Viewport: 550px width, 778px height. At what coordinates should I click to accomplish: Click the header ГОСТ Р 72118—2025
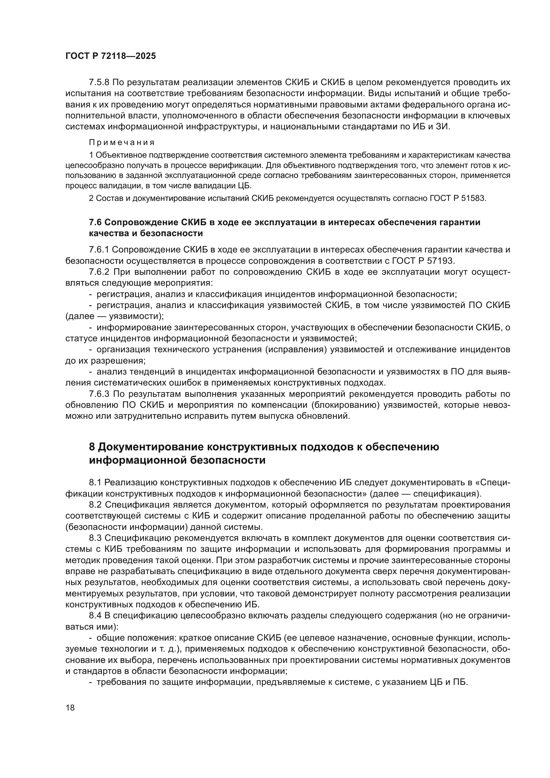click(110, 56)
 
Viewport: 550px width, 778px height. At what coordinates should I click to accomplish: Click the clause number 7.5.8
click(99, 83)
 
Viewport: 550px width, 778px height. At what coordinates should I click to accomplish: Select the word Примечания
click(122, 142)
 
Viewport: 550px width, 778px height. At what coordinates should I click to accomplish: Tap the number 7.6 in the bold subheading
click(95, 222)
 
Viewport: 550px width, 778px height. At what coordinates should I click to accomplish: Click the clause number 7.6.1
click(99, 250)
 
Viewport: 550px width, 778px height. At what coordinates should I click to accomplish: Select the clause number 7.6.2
click(99, 272)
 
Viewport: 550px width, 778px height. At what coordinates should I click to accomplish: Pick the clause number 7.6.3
click(99, 394)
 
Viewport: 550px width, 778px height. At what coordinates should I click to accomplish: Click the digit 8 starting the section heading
click(92, 447)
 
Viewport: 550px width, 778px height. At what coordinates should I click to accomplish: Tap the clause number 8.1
click(95, 482)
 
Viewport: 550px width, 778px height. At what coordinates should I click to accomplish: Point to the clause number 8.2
click(95, 505)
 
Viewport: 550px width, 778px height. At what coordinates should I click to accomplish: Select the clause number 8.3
click(95, 538)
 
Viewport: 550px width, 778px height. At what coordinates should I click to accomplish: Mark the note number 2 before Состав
click(91, 198)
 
